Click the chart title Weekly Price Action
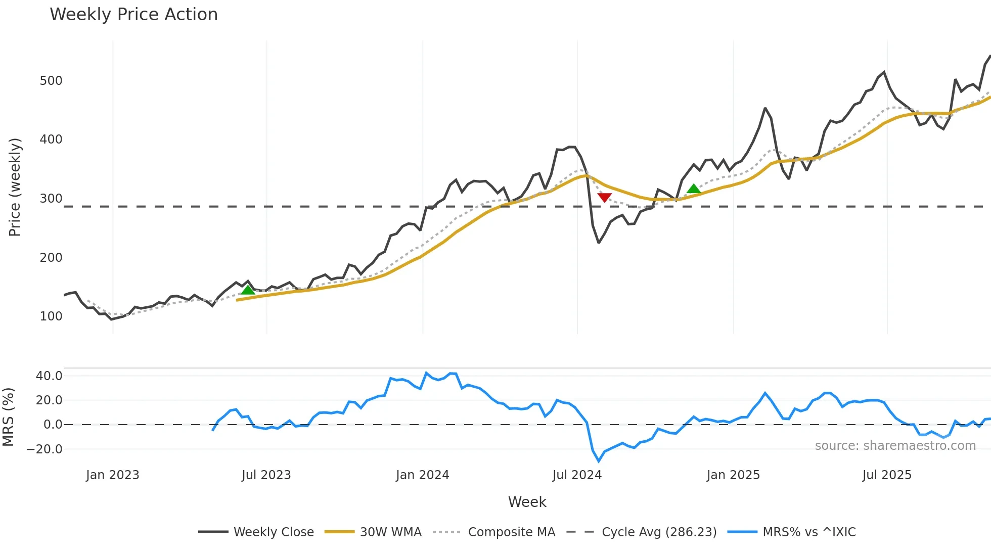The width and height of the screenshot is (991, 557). pyautogui.click(x=133, y=15)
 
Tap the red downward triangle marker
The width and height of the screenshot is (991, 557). pyautogui.click(x=604, y=197)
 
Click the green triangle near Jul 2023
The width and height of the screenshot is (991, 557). pyautogui.click(x=248, y=290)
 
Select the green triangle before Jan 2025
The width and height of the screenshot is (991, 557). pyautogui.click(x=694, y=189)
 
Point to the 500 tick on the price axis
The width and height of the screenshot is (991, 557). pyautogui.click(x=51, y=81)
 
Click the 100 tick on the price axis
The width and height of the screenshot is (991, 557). pyautogui.click(x=51, y=316)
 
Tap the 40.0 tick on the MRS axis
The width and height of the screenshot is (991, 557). pyautogui.click(x=49, y=376)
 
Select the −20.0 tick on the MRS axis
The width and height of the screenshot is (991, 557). pyautogui.click(x=45, y=449)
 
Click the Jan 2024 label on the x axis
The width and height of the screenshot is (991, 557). pyautogui.click(x=422, y=475)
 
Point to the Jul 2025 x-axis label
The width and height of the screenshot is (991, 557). pyautogui.click(x=887, y=475)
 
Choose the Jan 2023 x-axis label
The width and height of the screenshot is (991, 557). pyautogui.click(x=112, y=475)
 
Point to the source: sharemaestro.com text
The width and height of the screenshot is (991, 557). pyautogui.click(x=895, y=446)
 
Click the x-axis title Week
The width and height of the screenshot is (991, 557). pyautogui.click(x=527, y=502)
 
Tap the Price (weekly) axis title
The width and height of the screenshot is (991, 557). pyautogui.click(x=15, y=187)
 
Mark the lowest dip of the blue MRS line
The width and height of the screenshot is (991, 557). pyautogui.click(x=599, y=461)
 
